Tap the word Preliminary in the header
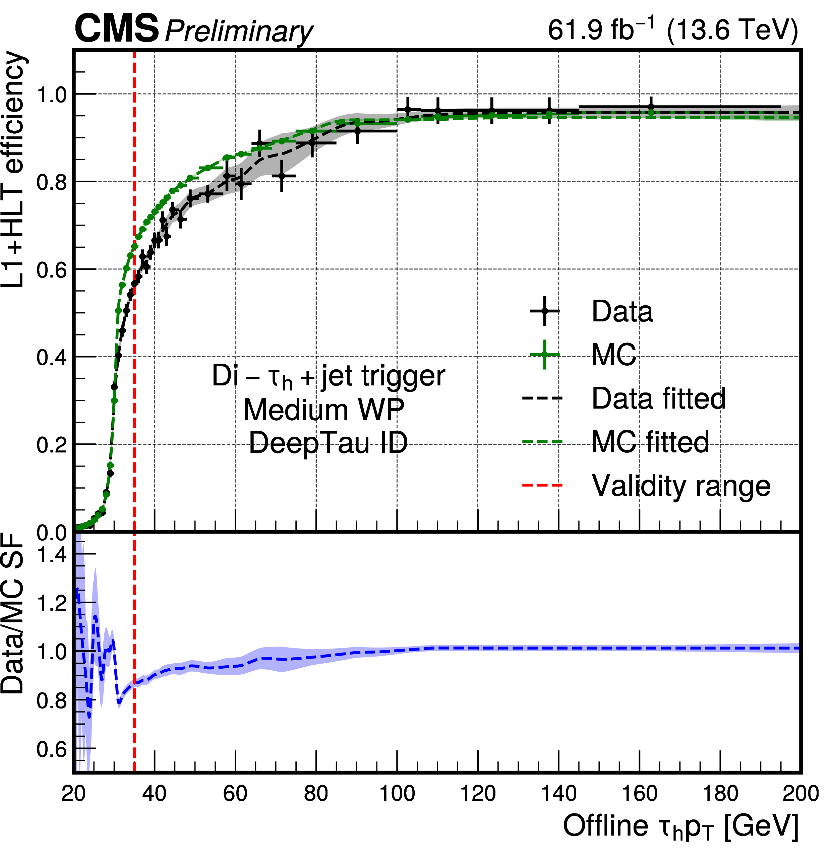[x=239, y=32]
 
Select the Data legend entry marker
[x=544, y=311]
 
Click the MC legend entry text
[x=614, y=355]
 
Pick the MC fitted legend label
[x=650, y=442]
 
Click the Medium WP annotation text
[x=323, y=410]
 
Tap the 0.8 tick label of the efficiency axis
[x=52, y=182]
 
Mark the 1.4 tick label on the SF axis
[x=52, y=555]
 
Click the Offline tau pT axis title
[x=681, y=827]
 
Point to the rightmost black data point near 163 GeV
[x=651, y=106]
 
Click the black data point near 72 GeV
[x=282, y=176]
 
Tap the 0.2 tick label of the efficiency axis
[x=52, y=445]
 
